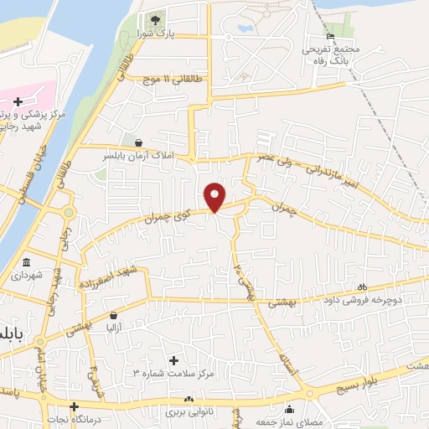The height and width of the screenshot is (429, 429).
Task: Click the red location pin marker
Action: tap(215, 196)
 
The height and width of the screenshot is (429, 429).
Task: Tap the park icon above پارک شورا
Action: tap(153, 20)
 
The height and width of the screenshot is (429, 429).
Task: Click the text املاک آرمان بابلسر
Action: tap(136, 157)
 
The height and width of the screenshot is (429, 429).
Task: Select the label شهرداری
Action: tap(26, 274)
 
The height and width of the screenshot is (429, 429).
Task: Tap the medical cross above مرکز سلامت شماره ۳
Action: tap(173, 360)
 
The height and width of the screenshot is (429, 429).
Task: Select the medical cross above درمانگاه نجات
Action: tap(73, 406)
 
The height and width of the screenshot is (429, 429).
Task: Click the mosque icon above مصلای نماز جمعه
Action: tap(289, 410)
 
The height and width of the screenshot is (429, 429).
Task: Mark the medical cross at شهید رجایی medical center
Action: tap(18, 101)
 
